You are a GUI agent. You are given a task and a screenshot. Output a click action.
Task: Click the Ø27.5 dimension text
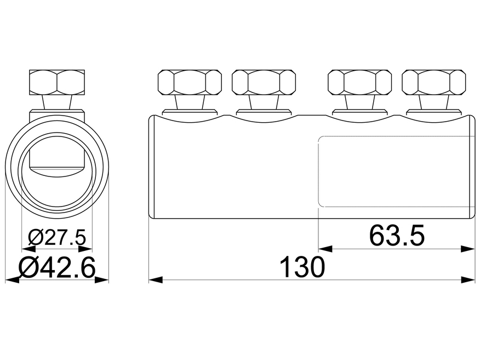[57, 238]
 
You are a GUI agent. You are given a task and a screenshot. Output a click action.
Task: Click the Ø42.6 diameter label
[57, 268]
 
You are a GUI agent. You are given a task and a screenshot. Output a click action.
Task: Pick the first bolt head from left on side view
[189, 82]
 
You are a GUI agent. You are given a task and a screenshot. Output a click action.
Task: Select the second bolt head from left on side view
[264, 82]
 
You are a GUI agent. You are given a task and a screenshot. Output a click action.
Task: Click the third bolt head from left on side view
[359, 82]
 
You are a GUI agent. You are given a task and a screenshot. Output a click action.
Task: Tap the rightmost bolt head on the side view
[433, 82]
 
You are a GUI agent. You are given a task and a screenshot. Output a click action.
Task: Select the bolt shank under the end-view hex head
[57, 103]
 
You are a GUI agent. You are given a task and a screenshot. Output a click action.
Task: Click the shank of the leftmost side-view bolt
[189, 102]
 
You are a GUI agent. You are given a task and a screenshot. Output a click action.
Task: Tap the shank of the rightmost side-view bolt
[433, 102]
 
